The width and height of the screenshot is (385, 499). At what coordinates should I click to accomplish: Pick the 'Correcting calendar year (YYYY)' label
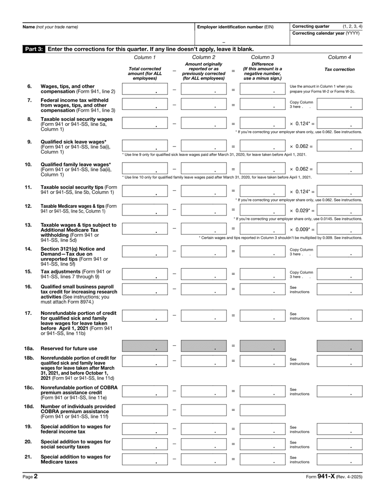[326, 33]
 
